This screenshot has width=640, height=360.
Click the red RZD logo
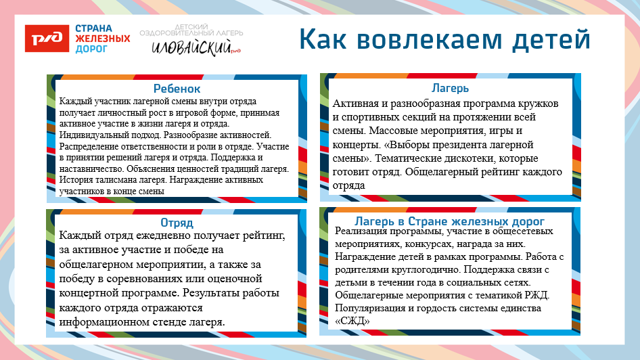point(47,39)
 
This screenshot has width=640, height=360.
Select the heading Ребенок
point(177,89)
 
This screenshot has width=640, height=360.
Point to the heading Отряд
point(177,223)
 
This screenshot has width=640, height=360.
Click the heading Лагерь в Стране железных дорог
point(450,221)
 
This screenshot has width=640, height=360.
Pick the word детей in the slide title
point(551,39)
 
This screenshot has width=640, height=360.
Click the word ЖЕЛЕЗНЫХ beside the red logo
point(103,39)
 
